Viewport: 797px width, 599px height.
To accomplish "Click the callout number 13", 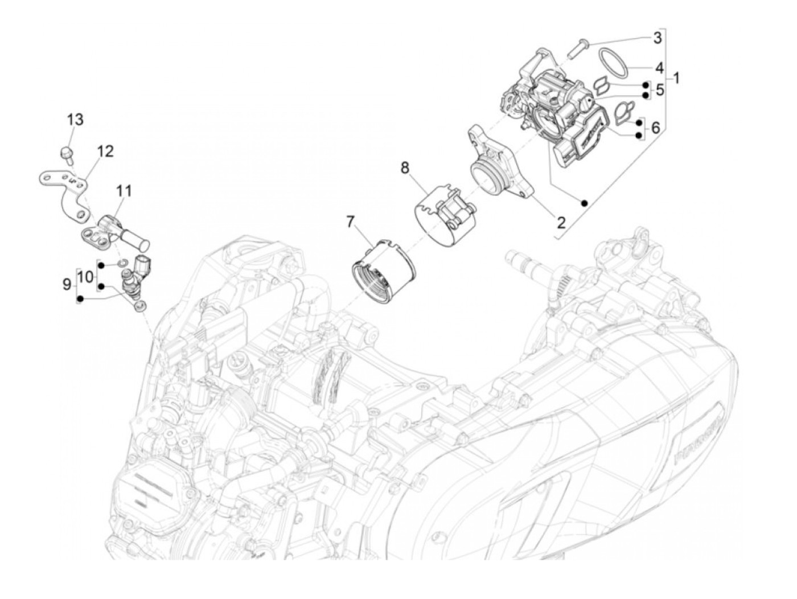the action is (75, 120).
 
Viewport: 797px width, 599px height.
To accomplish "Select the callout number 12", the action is (105, 151).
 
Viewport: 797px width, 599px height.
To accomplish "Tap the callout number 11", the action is (124, 190).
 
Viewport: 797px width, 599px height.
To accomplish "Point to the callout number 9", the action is (67, 282).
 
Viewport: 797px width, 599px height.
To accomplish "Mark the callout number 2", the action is (561, 222).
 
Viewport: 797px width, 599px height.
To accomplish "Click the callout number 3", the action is (657, 38).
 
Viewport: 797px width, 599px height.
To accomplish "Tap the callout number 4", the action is (659, 68).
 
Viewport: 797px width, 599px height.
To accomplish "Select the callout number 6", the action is (656, 129).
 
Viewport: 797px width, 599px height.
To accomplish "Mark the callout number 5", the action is (659, 89).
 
